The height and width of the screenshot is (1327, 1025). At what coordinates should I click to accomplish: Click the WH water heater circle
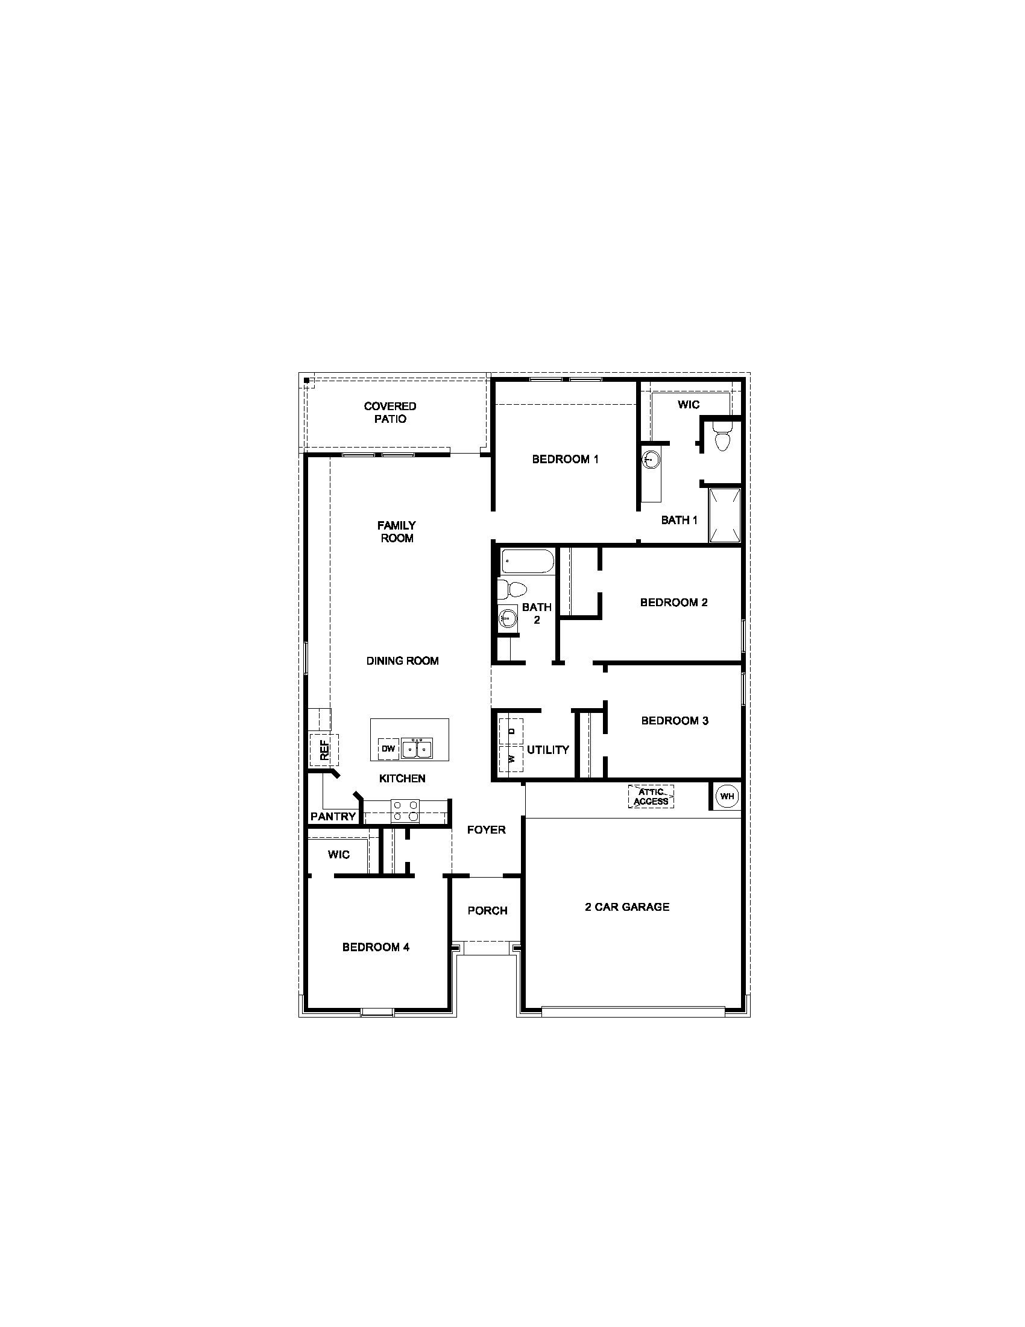coord(727,796)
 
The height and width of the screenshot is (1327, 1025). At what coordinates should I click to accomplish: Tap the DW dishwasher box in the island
coord(388,749)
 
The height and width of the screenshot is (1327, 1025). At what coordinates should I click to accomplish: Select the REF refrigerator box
coord(324,750)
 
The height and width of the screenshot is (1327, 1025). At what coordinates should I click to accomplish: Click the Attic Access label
coord(651,797)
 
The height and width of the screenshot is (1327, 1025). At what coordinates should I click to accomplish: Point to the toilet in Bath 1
coord(722,440)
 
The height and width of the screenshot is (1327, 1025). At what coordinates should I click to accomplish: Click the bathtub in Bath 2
coord(527,562)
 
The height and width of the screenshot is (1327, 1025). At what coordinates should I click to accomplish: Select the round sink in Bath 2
coord(507,619)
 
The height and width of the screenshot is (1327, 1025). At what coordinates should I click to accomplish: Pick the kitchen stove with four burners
coord(405,811)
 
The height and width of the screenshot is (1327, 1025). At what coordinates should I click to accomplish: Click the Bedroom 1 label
coord(566,460)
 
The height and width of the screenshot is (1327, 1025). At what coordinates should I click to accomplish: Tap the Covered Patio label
coord(390,413)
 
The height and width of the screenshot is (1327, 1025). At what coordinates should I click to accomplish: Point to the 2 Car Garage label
coord(626,907)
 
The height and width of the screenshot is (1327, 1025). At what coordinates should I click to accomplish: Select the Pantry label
coord(333,817)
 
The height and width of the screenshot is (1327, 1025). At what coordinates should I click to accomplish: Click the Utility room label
coord(547,750)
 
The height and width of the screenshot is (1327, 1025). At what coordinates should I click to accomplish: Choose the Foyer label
coord(487,830)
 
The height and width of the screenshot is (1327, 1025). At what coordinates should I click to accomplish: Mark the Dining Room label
coord(402,661)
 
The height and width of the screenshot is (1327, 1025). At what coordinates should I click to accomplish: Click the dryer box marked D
coord(511,732)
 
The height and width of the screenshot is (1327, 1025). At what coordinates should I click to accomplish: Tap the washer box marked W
coord(511,759)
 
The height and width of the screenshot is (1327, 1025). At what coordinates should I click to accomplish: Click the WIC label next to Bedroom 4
coord(338,855)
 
